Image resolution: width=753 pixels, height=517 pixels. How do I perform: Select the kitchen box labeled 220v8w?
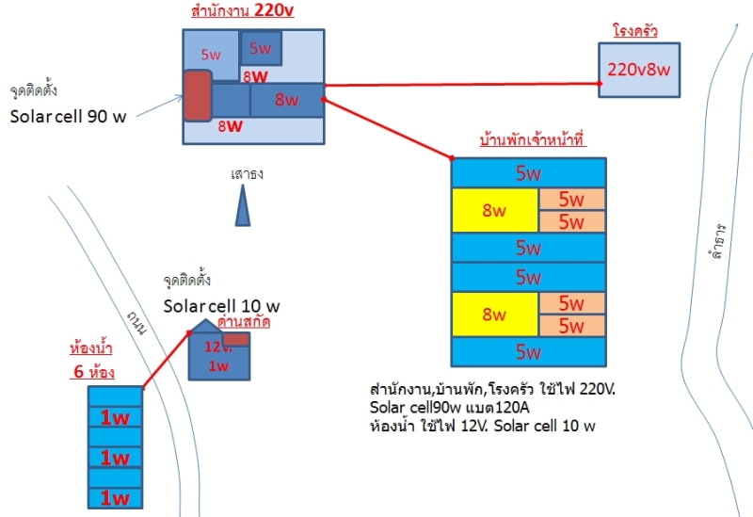639,70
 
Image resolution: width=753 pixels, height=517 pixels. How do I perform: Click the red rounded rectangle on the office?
198,95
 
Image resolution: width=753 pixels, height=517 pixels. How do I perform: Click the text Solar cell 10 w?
221,306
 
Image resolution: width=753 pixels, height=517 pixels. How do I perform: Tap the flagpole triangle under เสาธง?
243,206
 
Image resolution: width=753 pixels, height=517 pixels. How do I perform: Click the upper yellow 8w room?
495,211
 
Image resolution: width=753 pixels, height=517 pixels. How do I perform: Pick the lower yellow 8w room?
495,315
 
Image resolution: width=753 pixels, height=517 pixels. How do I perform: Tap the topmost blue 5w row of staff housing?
529,173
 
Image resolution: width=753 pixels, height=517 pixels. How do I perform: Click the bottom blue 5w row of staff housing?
529,353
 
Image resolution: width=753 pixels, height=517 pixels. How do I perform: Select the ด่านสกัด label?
244,322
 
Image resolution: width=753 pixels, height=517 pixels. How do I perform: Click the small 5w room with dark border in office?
261,48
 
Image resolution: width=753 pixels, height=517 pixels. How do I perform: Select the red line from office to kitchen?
461,85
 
